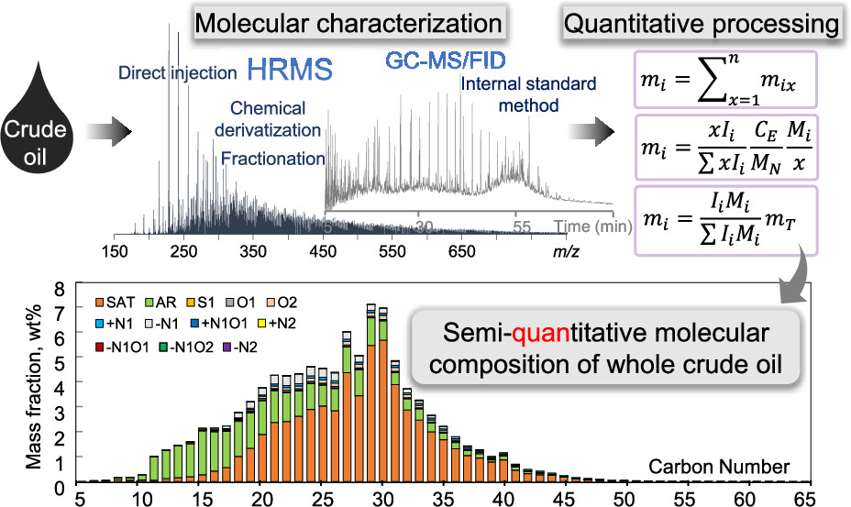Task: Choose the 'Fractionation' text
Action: (x=273, y=159)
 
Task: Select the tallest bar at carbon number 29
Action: (x=370, y=394)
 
